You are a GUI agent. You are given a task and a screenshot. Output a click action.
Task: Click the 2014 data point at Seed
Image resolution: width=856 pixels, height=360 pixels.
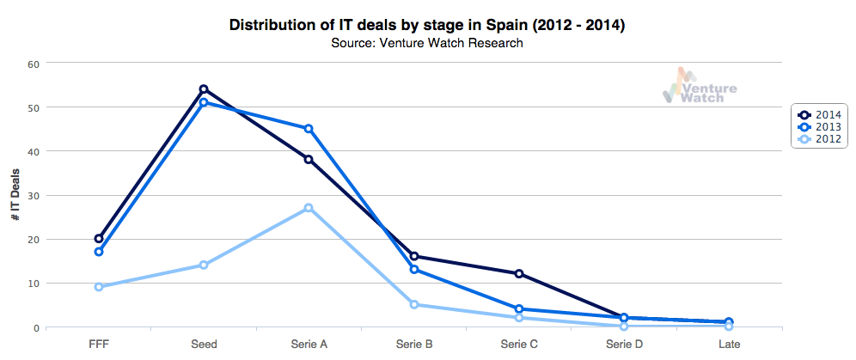(x=204, y=89)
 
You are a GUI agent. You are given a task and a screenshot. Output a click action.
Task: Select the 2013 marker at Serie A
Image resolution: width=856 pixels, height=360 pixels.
(x=309, y=129)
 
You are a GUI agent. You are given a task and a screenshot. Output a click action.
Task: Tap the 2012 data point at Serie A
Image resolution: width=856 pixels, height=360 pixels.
(x=309, y=208)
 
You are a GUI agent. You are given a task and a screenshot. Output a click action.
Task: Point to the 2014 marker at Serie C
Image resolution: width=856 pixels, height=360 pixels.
(x=519, y=274)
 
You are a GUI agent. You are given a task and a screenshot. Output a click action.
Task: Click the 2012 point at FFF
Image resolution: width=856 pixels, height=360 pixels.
(x=99, y=287)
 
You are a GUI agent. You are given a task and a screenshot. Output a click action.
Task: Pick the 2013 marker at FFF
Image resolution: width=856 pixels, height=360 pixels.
(x=99, y=252)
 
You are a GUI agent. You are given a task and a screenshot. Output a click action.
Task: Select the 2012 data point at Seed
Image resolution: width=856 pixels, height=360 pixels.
(x=204, y=265)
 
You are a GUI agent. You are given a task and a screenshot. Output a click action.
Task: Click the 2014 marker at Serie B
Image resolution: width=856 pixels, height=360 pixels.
(x=414, y=256)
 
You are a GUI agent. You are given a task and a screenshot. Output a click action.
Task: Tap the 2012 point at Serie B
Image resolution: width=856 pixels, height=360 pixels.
(x=414, y=304)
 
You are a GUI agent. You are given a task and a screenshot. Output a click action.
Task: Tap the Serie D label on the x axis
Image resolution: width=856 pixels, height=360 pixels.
(x=624, y=344)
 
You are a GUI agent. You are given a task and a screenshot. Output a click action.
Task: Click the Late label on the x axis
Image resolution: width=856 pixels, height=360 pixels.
(x=729, y=344)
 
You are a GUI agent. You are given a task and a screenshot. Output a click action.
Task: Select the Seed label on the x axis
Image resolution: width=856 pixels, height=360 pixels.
(x=204, y=344)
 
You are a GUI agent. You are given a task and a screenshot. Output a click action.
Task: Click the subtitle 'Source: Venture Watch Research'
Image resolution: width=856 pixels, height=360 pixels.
(x=427, y=44)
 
